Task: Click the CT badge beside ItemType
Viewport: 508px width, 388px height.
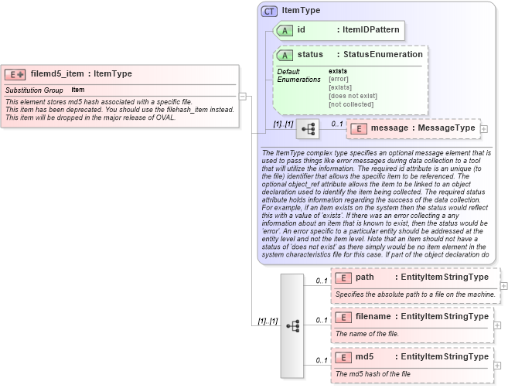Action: (x=270, y=11)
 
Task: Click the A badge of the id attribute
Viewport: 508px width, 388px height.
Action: (x=285, y=30)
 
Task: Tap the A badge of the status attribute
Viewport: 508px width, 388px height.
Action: (x=285, y=55)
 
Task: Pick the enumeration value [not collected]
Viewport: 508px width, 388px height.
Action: (x=351, y=104)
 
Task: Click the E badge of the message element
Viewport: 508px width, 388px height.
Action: (x=360, y=128)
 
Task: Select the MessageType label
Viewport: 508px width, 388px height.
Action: (x=445, y=128)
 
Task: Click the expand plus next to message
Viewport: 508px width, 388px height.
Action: (x=484, y=128)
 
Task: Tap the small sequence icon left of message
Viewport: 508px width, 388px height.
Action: (x=308, y=128)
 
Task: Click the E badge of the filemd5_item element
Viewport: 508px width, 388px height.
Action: (x=15, y=74)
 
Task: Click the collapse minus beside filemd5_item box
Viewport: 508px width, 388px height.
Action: (x=242, y=96)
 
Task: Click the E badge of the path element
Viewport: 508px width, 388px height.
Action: (x=343, y=277)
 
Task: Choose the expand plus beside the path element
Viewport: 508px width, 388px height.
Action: (x=504, y=286)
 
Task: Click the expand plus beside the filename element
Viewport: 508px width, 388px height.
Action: (x=497, y=325)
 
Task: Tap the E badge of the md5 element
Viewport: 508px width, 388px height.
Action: (x=343, y=357)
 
